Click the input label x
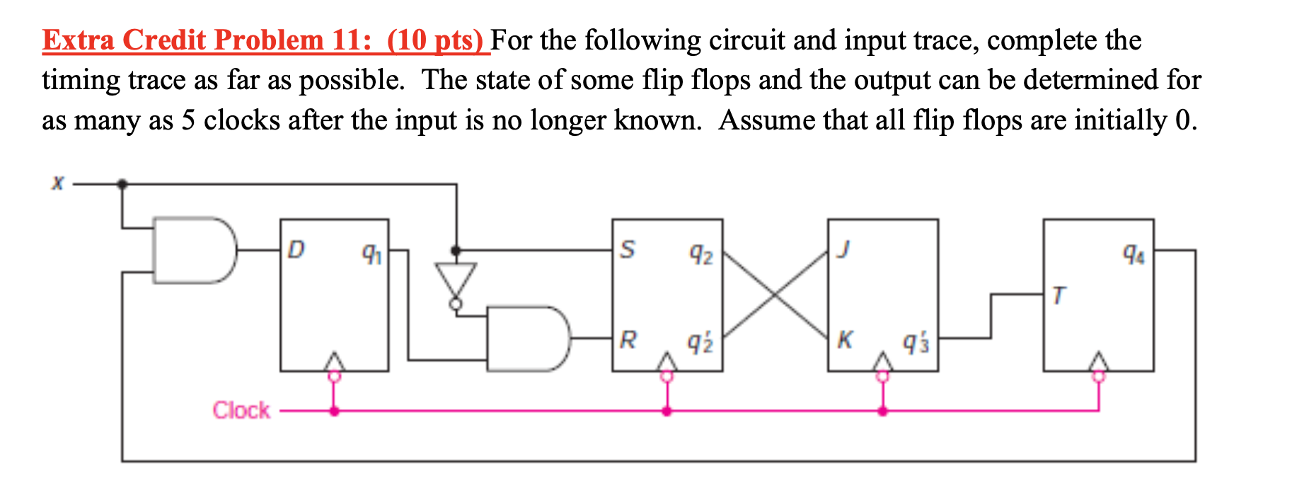point(57,184)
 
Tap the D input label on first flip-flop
point(296,249)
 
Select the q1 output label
point(371,253)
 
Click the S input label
point(627,249)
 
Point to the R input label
point(628,340)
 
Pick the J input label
point(842,249)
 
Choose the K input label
point(844,340)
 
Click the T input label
point(1058,294)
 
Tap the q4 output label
point(1134,253)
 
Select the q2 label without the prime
point(701,253)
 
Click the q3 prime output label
point(916,343)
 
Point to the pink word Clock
point(241,410)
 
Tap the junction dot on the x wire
point(122,184)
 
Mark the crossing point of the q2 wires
point(775,294)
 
